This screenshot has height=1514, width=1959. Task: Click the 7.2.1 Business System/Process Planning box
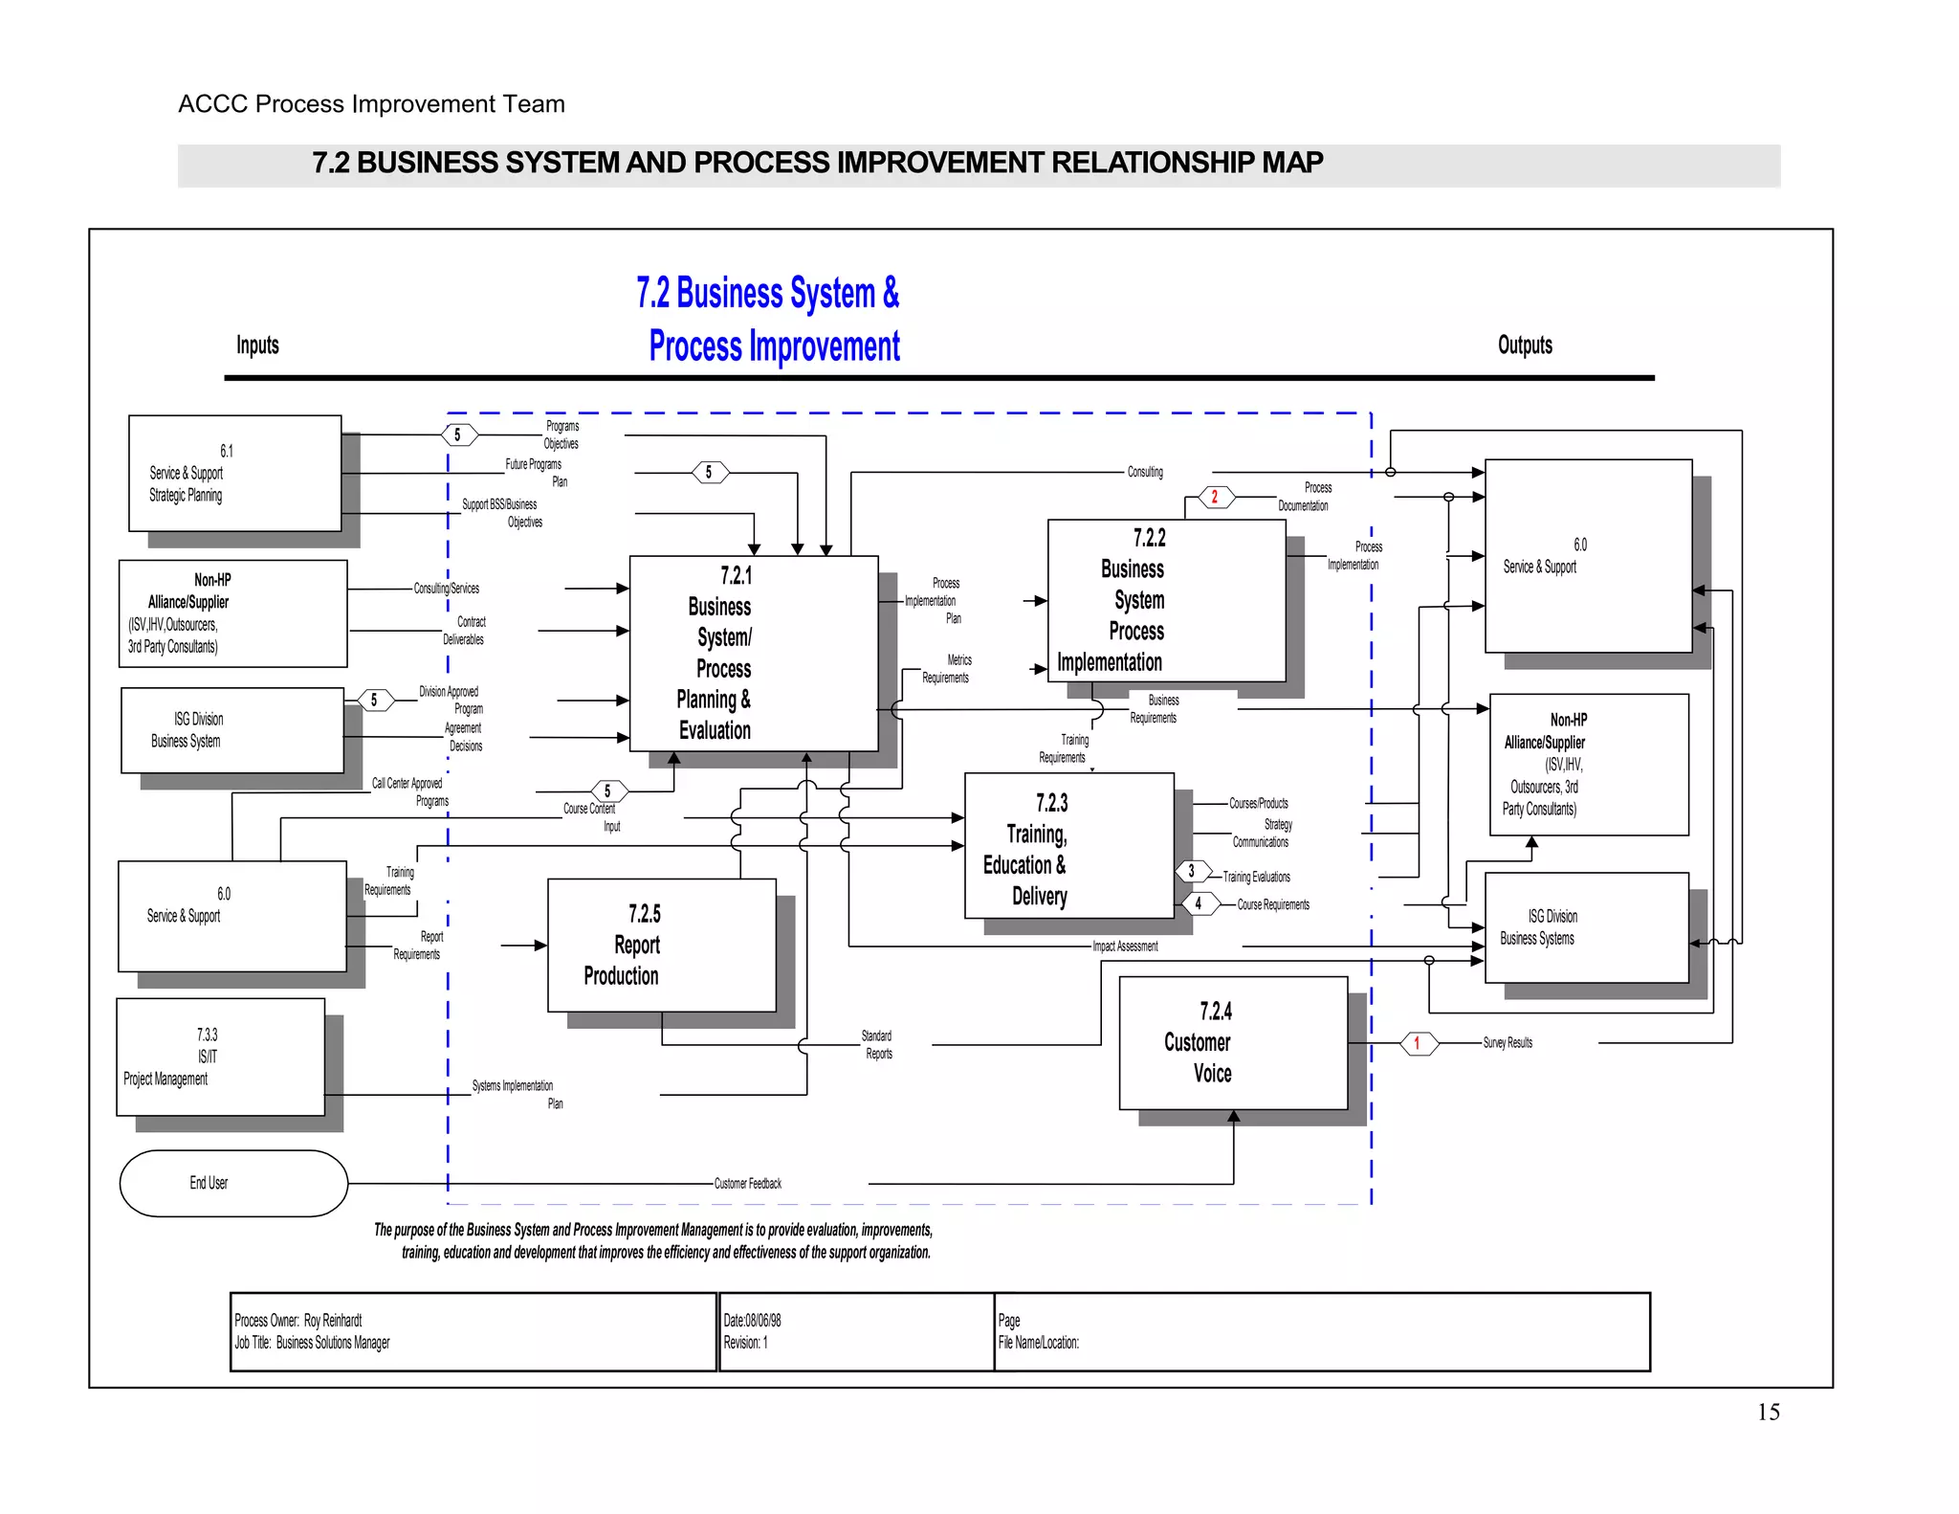tap(753, 653)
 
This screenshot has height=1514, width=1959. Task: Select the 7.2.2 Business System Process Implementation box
tap(1165, 600)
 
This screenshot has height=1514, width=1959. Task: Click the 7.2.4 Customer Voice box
tap(1232, 1042)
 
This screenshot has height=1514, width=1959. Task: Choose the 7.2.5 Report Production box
tap(661, 945)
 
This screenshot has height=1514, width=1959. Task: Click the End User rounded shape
tap(232, 1183)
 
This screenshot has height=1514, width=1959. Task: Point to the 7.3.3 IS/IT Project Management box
tap(220, 1057)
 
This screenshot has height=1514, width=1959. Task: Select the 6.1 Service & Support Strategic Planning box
tap(234, 473)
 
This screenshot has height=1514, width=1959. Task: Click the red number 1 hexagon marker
tap(1419, 1043)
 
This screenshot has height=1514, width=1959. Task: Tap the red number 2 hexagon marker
tap(1216, 498)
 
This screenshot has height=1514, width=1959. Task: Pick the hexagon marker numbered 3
tap(1191, 871)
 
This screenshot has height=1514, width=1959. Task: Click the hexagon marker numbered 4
tap(1199, 903)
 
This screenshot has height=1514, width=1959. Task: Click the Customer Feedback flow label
tap(747, 1184)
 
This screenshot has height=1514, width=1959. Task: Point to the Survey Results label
tap(1507, 1043)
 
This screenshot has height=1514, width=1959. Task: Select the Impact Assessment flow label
tap(1125, 946)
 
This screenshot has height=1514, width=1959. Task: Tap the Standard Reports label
tap(877, 1045)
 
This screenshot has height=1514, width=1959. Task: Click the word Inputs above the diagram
tap(257, 345)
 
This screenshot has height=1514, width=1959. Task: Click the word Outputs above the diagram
tap(1525, 345)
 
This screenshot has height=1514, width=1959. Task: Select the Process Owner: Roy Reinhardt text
tap(298, 1321)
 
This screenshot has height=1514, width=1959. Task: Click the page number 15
tap(1768, 1413)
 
